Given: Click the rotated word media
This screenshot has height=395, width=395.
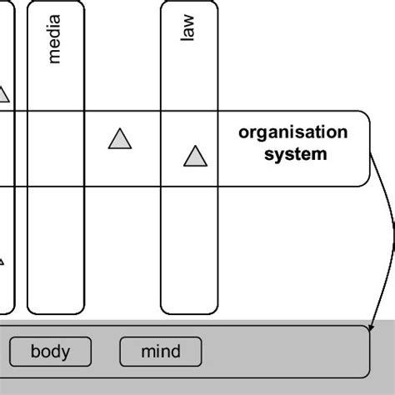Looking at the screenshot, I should click(x=55, y=43).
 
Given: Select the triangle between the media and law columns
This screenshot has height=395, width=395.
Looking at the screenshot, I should click(x=120, y=139).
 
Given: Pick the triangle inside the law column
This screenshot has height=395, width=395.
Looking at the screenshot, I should click(x=194, y=156).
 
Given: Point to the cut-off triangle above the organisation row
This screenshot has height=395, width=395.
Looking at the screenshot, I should click(x=3, y=96).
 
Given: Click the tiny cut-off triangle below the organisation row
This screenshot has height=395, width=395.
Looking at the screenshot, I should click(x=2, y=261).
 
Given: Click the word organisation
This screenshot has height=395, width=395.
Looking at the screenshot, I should click(x=292, y=133).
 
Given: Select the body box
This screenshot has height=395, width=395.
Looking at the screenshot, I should click(x=50, y=352).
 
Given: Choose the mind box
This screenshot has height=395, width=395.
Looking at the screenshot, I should click(x=161, y=352).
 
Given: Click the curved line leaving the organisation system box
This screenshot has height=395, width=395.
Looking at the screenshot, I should click(x=388, y=225).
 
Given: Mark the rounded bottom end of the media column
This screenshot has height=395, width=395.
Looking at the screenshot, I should click(x=56, y=307).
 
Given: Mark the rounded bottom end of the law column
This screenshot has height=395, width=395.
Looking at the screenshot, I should click(x=189, y=307).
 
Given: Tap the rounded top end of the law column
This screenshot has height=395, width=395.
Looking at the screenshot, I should click(x=189, y=5).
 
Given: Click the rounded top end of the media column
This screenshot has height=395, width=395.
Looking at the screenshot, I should click(x=56, y=5).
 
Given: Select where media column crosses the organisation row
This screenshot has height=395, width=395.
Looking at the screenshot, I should click(x=56, y=147).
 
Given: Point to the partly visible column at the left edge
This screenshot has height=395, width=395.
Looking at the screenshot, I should click(x=7, y=208).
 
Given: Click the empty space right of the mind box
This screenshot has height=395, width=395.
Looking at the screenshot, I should click(x=283, y=352).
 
